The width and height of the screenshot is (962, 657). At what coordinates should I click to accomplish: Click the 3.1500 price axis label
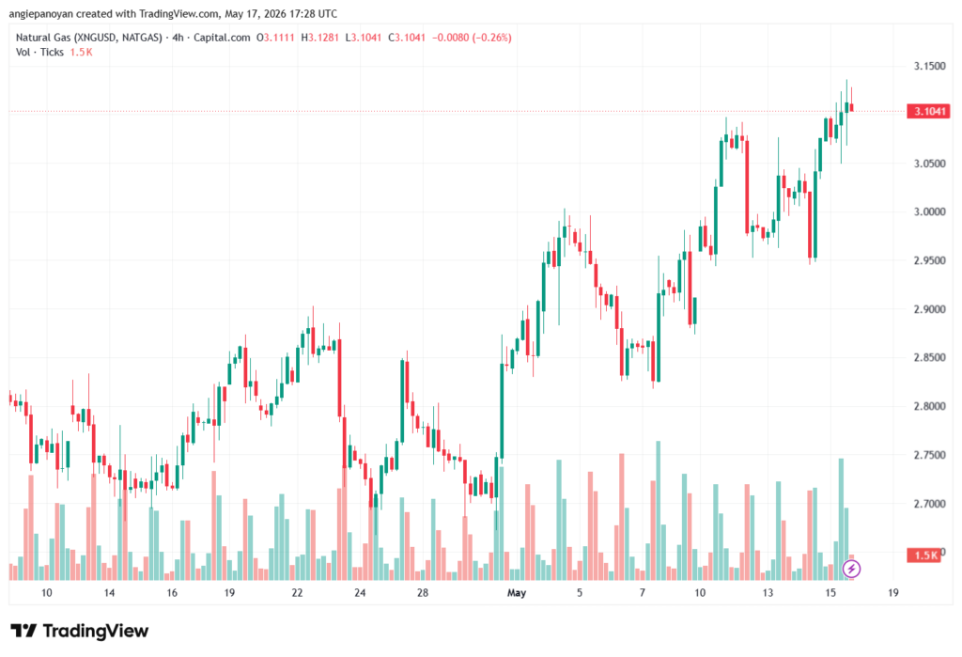929,67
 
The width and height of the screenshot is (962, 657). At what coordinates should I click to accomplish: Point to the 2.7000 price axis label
929,504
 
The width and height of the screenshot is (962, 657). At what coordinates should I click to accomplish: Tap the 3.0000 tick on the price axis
929,211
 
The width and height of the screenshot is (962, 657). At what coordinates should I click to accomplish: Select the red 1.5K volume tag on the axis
924,555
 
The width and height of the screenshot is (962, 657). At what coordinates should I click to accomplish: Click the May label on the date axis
517,593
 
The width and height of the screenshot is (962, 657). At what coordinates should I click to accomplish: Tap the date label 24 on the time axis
360,593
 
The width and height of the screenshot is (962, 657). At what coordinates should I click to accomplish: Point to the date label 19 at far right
893,593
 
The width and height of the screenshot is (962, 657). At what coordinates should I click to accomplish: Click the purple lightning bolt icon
851,569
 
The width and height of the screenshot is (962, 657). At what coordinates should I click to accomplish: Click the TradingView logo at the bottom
80,631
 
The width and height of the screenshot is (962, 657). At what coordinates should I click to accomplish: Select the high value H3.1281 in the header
319,38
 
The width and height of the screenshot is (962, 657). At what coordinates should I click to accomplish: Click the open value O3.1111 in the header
275,38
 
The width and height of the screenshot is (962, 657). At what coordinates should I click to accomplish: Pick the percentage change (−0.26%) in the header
491,38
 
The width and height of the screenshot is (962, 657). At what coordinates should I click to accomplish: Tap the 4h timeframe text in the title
178,38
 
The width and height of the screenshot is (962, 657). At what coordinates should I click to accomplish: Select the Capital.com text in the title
222,38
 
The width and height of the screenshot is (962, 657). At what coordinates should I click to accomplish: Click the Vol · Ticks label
39,53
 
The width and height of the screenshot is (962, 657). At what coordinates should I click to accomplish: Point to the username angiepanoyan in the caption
41,13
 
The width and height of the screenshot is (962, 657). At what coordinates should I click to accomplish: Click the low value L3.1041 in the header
364,38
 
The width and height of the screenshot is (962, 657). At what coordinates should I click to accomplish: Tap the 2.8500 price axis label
929,358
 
